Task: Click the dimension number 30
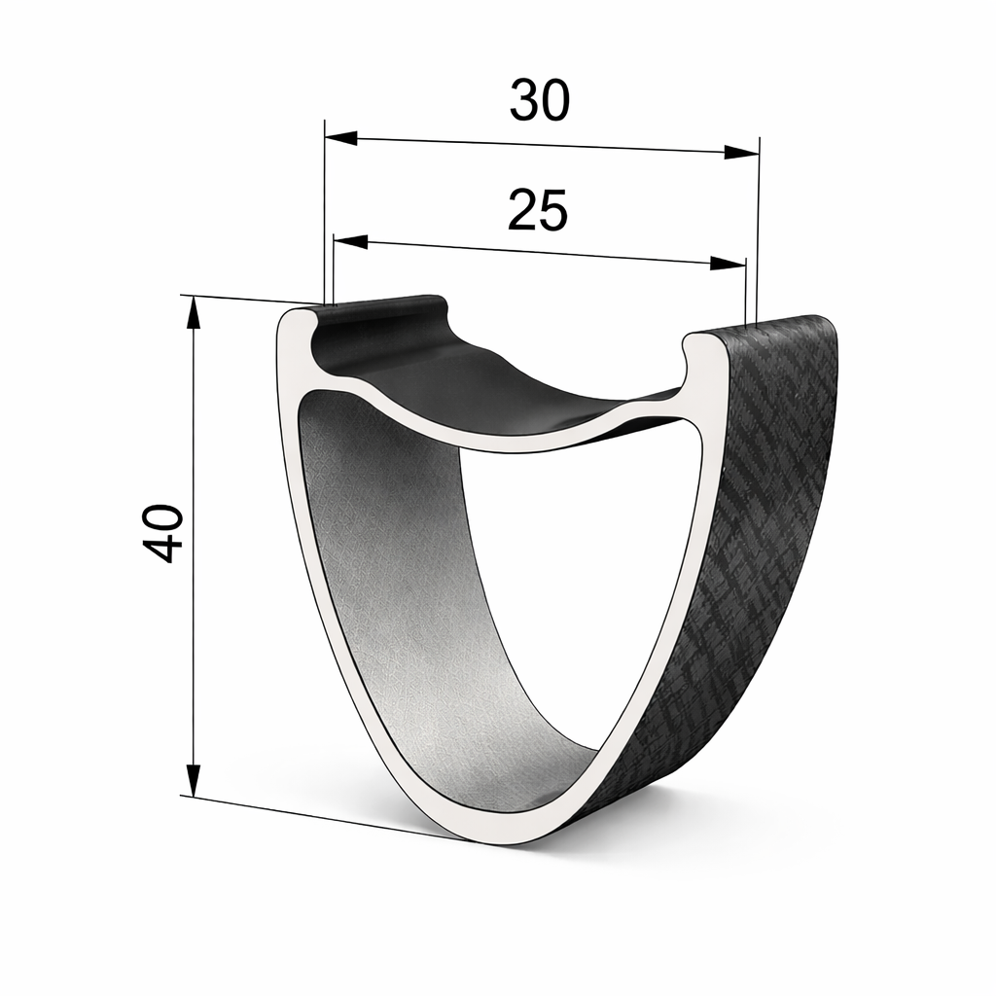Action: (x=538, y=101)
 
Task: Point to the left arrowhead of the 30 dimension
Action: (x=340, y=138)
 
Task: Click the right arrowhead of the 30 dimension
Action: (x=741, y=152)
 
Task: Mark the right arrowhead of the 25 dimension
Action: (x=729, y=264)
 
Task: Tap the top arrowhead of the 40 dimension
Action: (x=194, y=313)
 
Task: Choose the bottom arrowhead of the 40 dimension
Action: (x=194, y=778)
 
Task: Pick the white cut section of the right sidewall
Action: (x=681, y=584)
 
